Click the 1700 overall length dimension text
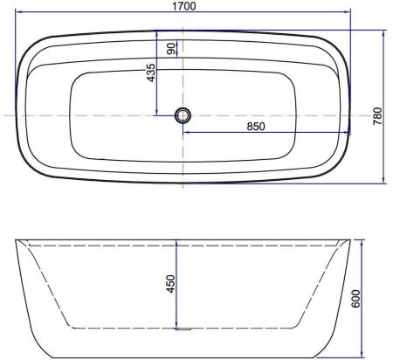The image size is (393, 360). [x=183, y=6]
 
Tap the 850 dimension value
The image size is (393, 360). [x=255, y=126]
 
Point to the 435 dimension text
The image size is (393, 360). [x=151, y=73]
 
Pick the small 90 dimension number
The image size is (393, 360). [x=172, y=48]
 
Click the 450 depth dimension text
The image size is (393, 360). [x=171, y=284]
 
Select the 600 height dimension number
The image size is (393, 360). [x=378, y=298]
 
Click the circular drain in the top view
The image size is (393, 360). [x=183, y=114]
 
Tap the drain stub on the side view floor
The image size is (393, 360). [x=183, y=329]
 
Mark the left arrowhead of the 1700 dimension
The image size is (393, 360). [x=18, y=14]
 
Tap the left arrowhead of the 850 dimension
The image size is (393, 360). [x=186, y=133]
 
